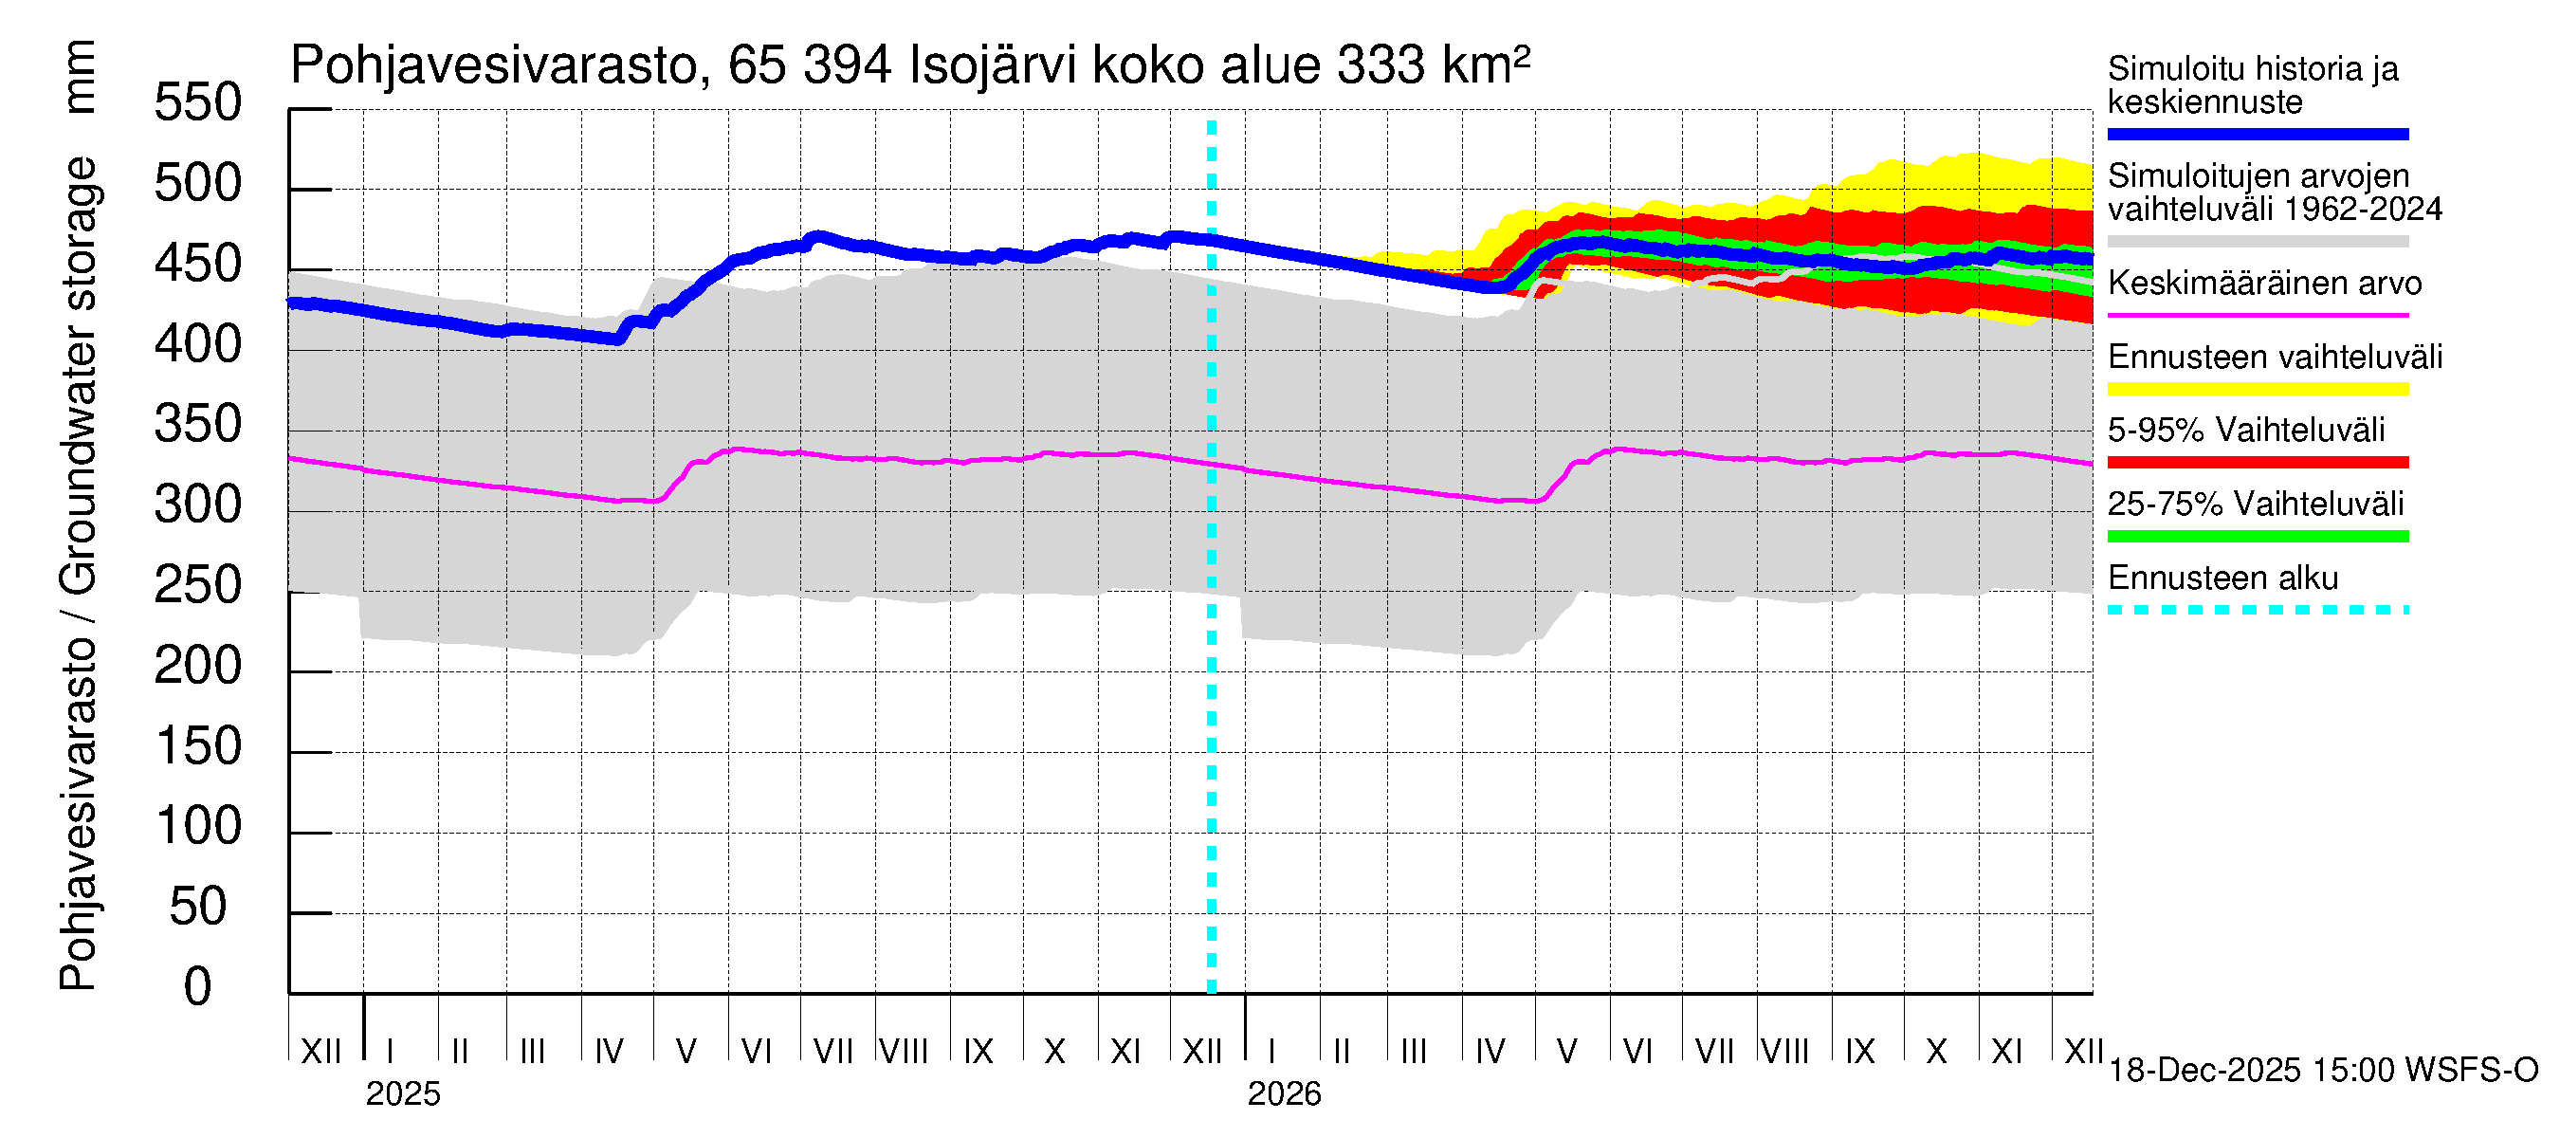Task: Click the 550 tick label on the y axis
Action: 197,102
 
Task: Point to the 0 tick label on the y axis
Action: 197,987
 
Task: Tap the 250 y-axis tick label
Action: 197,585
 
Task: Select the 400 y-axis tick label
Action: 197,344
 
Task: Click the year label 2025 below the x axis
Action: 402,1094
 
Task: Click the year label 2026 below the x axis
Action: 1284,1094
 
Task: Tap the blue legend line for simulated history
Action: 2257,134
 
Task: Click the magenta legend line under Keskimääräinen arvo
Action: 2257,315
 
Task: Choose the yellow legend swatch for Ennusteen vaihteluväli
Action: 2257,389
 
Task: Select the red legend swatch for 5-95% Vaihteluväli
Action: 2257,462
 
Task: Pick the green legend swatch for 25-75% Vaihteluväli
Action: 2257,537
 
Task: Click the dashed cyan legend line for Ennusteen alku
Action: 2257,609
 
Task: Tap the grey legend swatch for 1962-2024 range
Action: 2257,242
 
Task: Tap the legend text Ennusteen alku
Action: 2222,578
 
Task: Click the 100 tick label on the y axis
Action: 197,826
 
